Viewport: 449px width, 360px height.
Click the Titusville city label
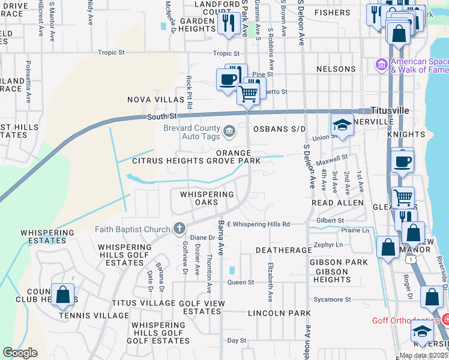[390, 111]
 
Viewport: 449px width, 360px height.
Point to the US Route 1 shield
[410, 257]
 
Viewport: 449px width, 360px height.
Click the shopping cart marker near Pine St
[248, 93]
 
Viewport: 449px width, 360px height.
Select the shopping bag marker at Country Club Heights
[62, 294]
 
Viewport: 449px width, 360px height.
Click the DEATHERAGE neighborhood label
[285, 249]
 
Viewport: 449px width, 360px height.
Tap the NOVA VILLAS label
[155, 100]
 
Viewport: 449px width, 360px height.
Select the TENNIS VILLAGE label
[89, 315]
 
